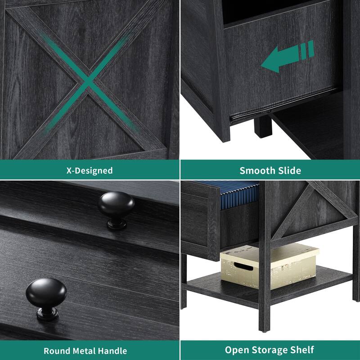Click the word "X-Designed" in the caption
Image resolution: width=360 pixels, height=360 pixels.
pos(90,171)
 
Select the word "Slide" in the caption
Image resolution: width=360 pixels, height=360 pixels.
pos(289,171)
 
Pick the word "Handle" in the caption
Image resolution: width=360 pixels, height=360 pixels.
pos(113,351)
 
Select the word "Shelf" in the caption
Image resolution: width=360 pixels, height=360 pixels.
pos(302,350)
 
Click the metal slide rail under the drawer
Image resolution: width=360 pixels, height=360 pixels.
pos(243,118)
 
